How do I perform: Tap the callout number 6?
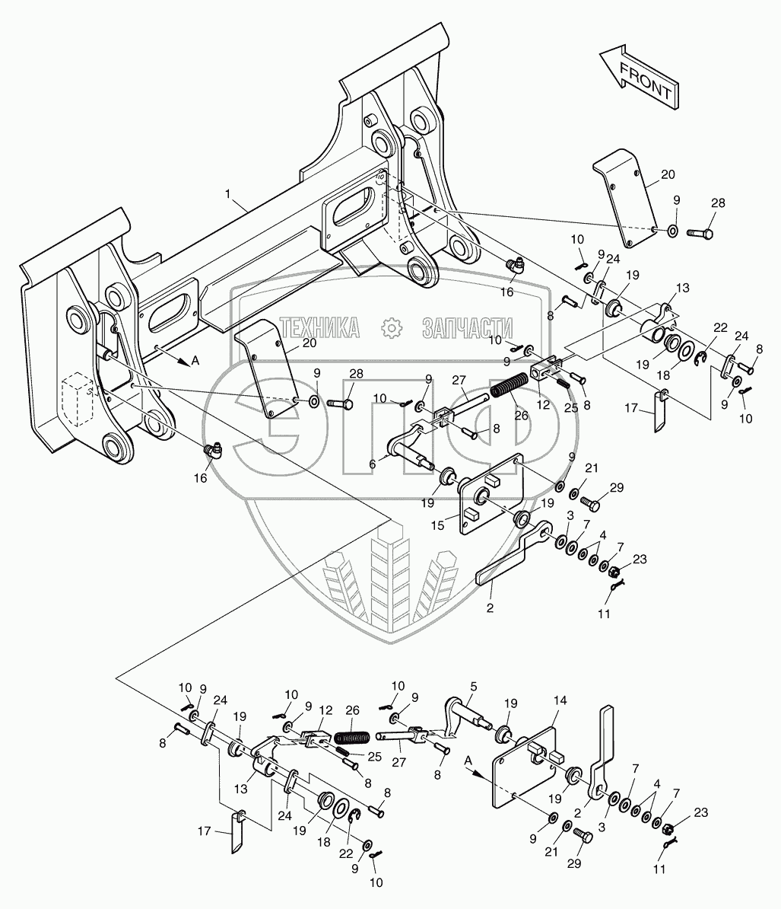[373, 464]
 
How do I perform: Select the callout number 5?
[474, 687]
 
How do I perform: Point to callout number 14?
[560, 700]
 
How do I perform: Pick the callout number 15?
[437, 525]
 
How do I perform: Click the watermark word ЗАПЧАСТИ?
[468, 328]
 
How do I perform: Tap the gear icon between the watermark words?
[392, 328]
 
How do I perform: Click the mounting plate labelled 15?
[492, 493]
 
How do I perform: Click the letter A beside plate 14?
[468, 760]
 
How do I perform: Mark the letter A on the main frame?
[195, 361]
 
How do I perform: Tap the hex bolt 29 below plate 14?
[583, 836]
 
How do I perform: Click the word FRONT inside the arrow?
[646, 81]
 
